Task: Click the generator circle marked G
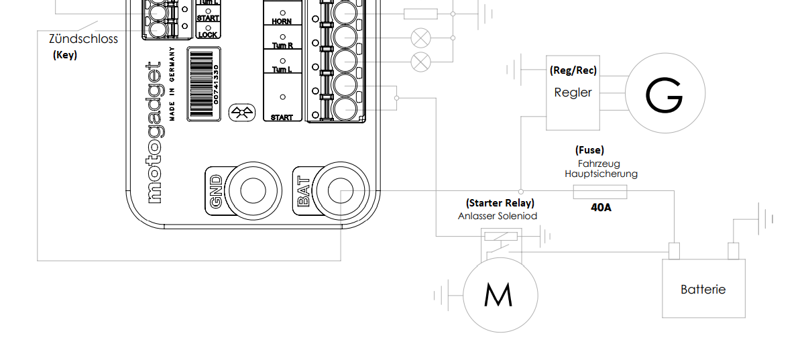point(665,94)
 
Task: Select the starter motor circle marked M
point(500,294)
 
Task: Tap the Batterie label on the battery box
point(703,290)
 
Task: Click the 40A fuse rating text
point(601,208)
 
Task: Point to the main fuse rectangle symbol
point(600,192)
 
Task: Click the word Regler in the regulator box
point(573,93)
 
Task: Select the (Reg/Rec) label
point(573,70)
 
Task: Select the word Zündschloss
point(84,39)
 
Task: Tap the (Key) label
point(65,55)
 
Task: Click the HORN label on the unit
point(282,21)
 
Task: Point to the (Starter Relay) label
point(500,202)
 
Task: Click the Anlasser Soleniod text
point(498,216)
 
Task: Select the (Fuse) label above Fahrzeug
point(589,150)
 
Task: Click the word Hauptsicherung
point(601,174)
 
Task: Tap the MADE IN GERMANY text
point(172,84)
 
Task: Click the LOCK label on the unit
point(208,34)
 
